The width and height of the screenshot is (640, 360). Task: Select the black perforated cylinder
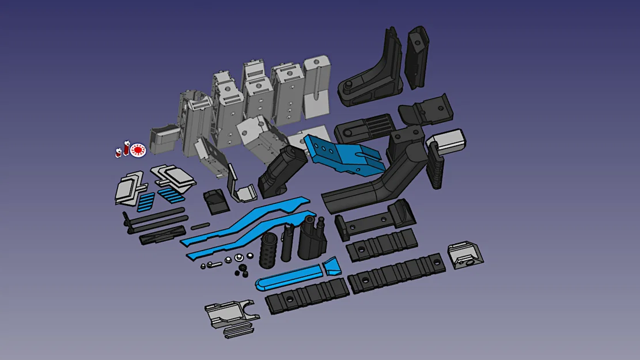(x=268, y=251)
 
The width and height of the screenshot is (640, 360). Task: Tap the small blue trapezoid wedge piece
(x=332, y=267)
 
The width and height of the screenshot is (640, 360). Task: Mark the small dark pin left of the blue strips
(x=200, y=226)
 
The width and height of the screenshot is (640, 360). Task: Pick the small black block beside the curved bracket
(x=214, y=200)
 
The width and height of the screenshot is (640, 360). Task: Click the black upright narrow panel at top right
(x=418, y=58)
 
